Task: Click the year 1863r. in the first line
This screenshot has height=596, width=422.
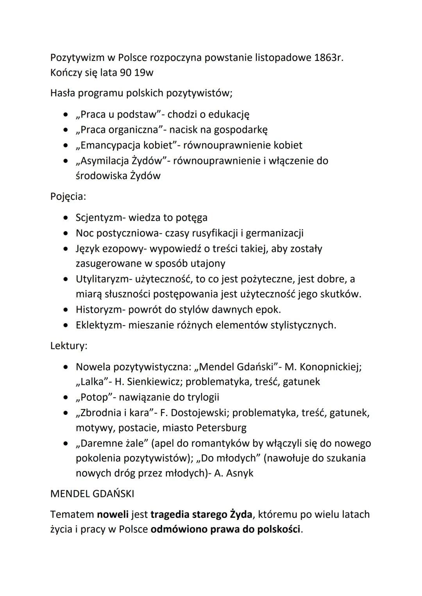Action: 329,57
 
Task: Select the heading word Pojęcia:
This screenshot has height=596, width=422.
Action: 68,196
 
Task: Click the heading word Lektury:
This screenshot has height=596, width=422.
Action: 69,346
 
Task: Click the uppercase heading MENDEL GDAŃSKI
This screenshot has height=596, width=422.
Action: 92,494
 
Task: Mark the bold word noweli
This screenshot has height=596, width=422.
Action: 113,514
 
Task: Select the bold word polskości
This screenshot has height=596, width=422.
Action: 279,530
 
